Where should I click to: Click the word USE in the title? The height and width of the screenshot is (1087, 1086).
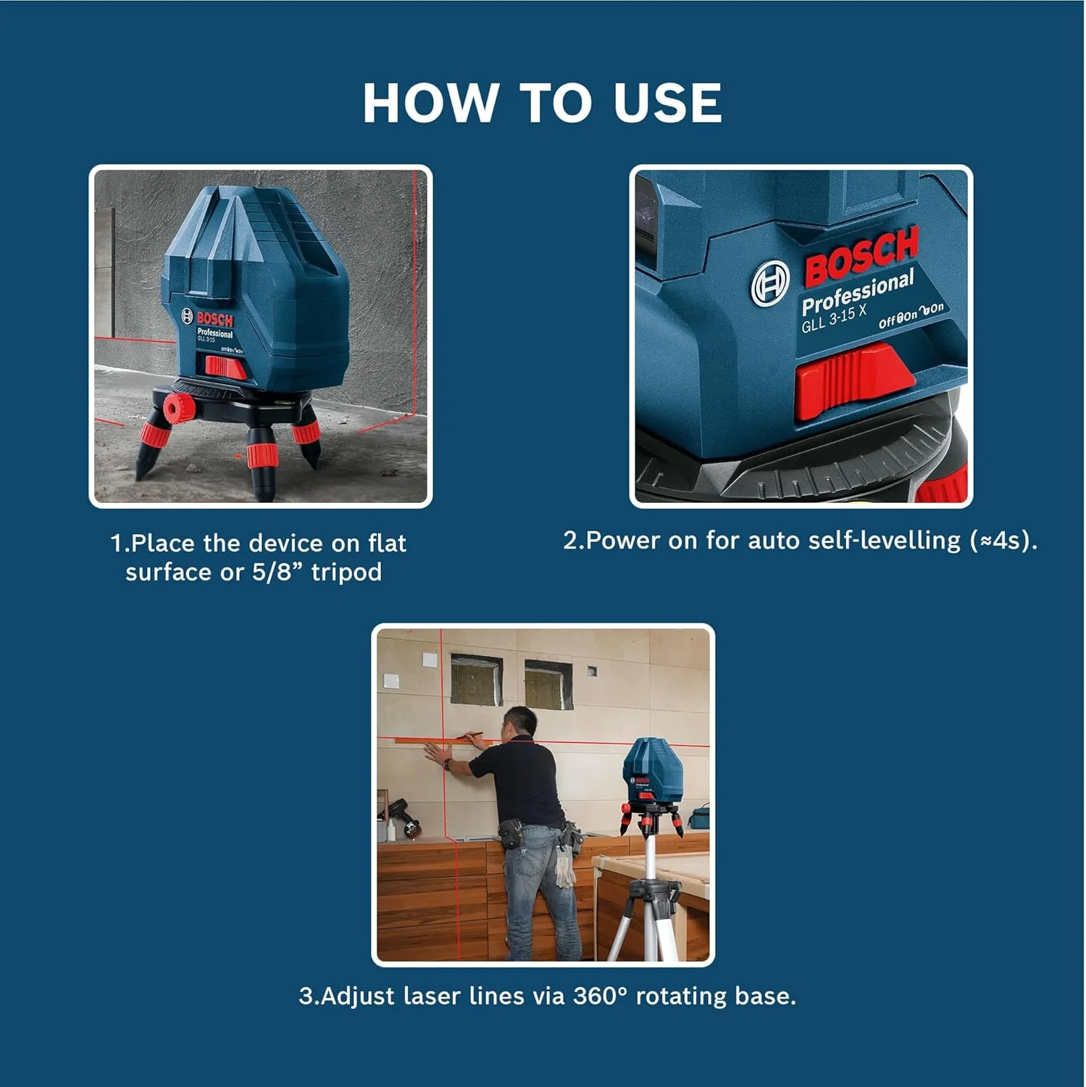(667, 102)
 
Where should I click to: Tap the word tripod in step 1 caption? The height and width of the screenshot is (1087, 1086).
(346, 572)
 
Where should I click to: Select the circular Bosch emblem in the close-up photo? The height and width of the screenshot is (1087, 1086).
(770, 283)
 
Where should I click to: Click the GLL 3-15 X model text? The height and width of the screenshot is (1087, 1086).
(834, 319)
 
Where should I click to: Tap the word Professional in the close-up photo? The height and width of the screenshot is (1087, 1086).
(858, 292)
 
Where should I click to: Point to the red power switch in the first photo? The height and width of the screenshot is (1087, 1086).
(225, 367)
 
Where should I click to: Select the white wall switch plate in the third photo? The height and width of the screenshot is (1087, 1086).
(391, 681)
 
